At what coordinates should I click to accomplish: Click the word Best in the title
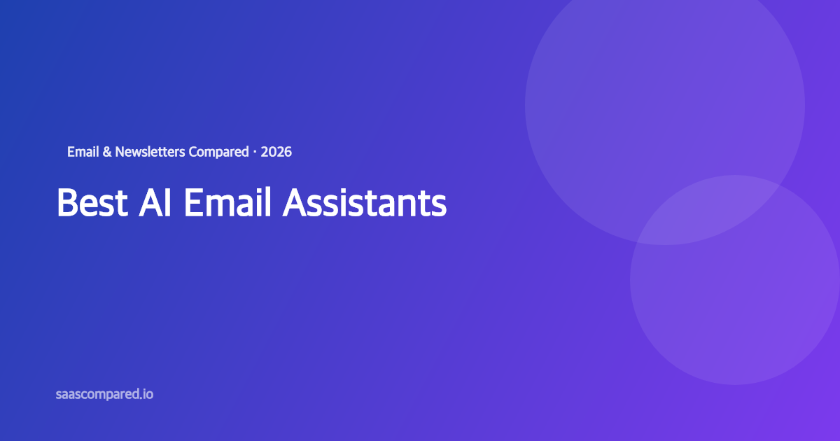[x=92, y=203]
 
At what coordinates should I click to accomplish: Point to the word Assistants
[x=365, y=203]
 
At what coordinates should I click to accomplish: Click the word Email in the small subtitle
[x=83, y=151]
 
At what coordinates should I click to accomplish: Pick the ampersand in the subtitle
[x=107, y=151]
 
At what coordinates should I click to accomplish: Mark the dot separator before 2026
[x=255, y=151]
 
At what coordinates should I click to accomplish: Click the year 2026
[x=276, y=151]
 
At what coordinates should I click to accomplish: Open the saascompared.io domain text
[x=104, y=394]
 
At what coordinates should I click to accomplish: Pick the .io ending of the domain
[x=146, y=394]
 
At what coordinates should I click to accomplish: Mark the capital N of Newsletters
[x=120, y=151]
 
